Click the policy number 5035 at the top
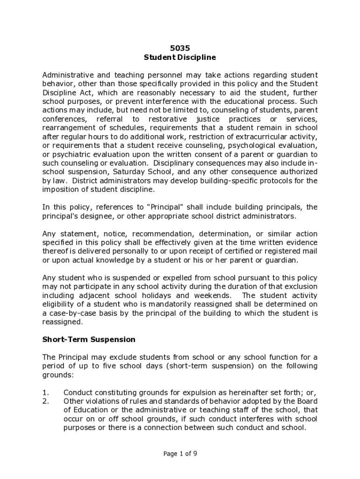click(180, 48)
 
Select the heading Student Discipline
click(180, 58)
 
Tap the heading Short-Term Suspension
click(89, 339)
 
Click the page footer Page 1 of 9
click(180, 453)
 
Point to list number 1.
click(45, 392)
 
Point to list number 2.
click(45, 401)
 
